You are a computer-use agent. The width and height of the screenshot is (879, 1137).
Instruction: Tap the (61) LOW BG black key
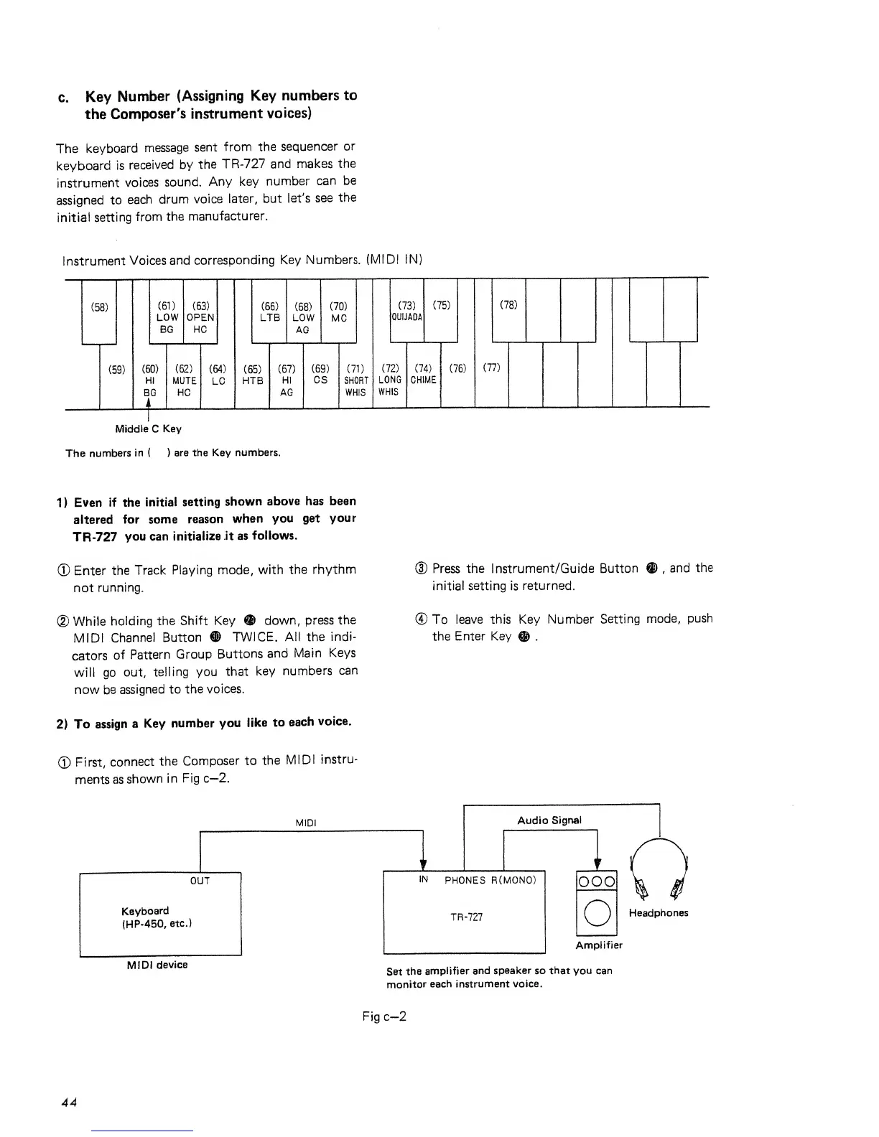tap(167, 317)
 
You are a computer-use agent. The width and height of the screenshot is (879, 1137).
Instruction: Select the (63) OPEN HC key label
tap(200, 317)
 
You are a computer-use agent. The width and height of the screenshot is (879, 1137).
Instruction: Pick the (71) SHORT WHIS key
tap(355, 380)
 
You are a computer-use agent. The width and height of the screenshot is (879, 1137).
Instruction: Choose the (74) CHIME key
tap(423, 375)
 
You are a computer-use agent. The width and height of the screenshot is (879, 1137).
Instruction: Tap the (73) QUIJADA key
tap(406, 311)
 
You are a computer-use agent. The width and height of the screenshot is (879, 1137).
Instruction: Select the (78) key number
tap(508, 305)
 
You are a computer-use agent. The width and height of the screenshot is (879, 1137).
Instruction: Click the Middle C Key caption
tap(148, 429)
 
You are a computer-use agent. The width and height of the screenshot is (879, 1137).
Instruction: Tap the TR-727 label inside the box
tap(466, 917)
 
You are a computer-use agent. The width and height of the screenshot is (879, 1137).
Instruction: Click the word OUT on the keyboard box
tap(200, 881)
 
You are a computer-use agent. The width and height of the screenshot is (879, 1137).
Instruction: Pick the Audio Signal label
tap(549, 820)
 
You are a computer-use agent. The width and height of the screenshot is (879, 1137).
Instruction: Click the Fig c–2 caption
tap(385, 1016)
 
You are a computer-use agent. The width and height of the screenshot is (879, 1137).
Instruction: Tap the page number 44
tap(70, 1102)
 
